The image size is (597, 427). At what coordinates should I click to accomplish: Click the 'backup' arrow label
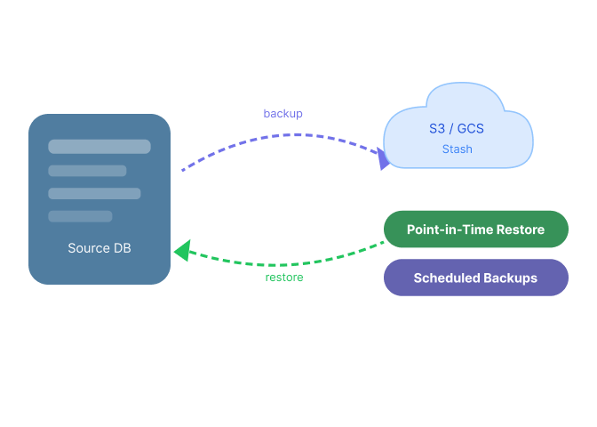[x=283, y=114]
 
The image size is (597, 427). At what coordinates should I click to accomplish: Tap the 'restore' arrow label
[x=284, y=278]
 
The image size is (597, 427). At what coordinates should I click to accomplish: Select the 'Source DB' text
[x=99, y=248]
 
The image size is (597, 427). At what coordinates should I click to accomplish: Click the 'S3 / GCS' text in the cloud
[x=457, y=129]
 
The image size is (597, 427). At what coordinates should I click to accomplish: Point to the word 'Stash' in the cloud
[x=458, y=149]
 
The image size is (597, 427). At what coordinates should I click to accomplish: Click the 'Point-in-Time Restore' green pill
[x=476, y=230]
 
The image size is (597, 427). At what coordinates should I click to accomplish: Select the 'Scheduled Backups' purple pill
[x=476, y=278]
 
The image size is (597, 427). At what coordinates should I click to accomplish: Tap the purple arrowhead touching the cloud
[x=383, y=158]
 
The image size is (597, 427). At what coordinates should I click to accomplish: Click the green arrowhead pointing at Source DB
[x=183, y=251]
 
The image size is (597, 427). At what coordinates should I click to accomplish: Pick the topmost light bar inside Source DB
[x=99, y=147]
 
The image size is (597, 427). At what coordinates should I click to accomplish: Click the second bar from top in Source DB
[x=87, y=171]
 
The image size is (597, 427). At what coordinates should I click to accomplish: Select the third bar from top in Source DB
[x=94, y=194]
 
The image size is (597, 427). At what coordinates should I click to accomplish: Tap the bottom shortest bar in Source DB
[x=80, y=216]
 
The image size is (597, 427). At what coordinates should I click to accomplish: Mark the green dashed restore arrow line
[x=282, y=264]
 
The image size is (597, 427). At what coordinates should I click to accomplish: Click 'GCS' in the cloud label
[x=471, y=129]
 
